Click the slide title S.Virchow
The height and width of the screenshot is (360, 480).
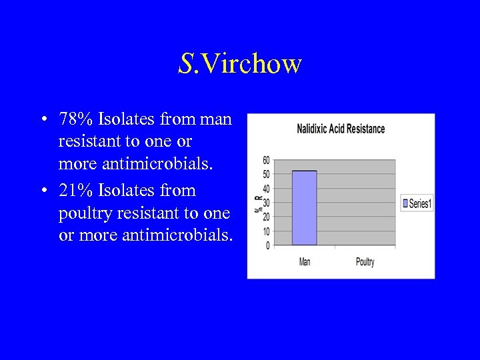click(x=240, y=64)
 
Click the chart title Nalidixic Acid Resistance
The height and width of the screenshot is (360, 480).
click(x=341, y=129)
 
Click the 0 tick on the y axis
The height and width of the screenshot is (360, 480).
click(x=267, y=246)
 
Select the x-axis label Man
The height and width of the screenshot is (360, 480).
click(x=305, y=262)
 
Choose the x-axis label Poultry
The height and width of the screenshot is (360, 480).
click(x=365, y=262)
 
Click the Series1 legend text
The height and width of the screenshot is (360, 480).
click(x=420, y=204)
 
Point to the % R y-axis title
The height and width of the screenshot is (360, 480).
click(x=257, y=203)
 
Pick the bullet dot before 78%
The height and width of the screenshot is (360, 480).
click(x=43, y=121)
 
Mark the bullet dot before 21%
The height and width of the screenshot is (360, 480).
click(x=43, y=191)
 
